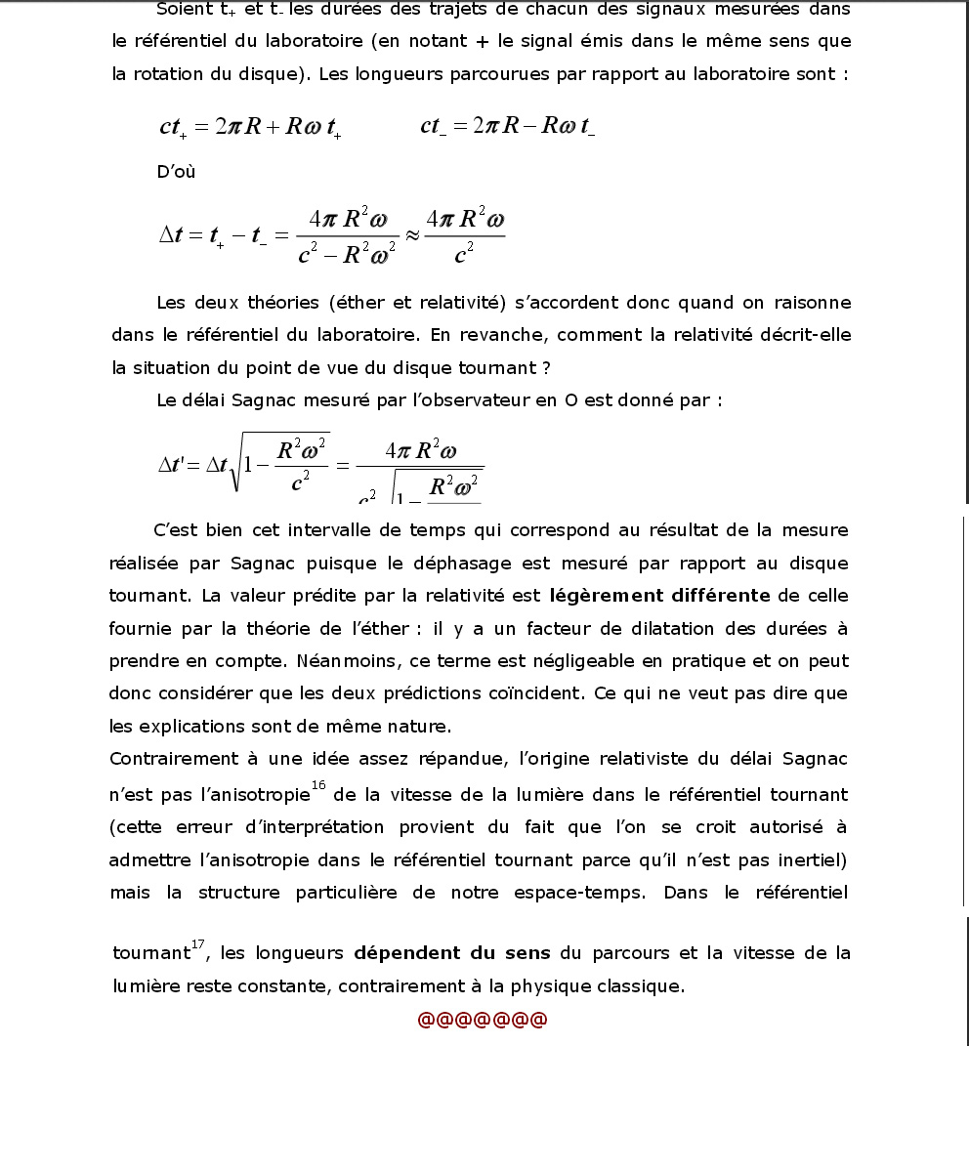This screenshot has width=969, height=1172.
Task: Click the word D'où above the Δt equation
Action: coord(176,172)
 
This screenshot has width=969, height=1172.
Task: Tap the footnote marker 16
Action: coord(318,785)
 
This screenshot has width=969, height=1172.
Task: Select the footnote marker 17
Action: coord(198,943)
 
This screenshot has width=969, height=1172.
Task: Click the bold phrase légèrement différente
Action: coord(660,596)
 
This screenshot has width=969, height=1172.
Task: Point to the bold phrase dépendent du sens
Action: coord(452,953)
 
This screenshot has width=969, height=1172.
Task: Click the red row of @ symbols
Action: coord(483,1020)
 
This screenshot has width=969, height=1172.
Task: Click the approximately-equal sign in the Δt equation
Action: coord(411,236)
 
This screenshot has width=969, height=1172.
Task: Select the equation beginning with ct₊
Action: coord(250,127)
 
